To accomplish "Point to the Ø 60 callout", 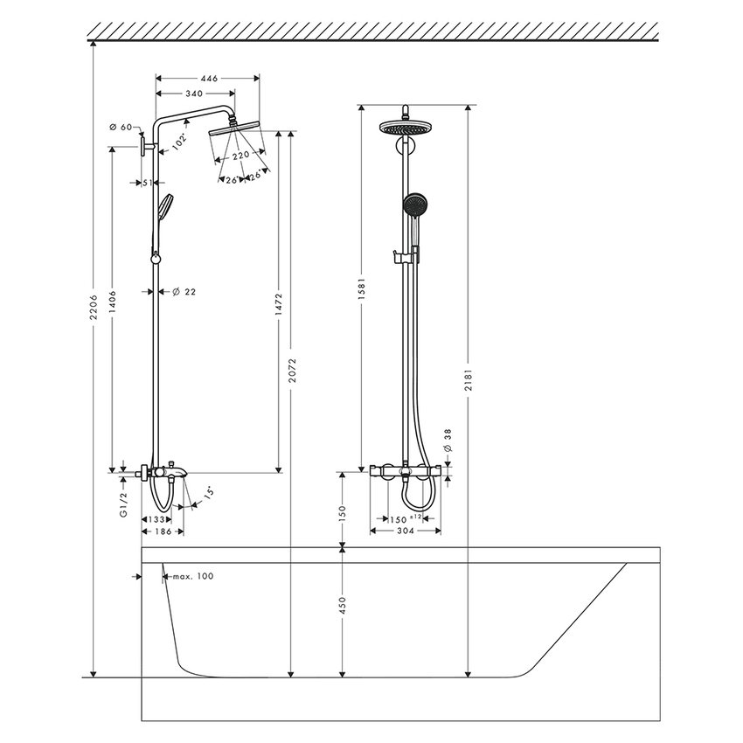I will coord(121,128).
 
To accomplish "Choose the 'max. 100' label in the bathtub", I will coord(192,576).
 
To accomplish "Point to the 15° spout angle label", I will coord(209,494).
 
